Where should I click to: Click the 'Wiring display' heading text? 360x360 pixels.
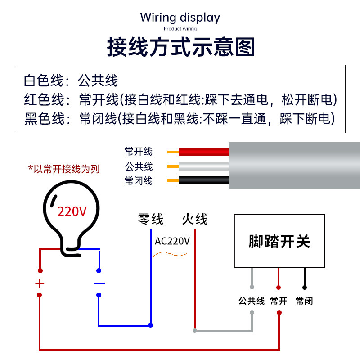180,18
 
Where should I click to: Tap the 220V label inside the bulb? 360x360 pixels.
72,211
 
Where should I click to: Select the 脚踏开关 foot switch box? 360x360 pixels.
279,241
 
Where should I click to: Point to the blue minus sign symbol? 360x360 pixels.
99,283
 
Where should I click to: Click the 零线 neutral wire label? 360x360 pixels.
151,220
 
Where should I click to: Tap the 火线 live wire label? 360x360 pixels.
195,220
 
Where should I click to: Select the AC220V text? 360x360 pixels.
172,241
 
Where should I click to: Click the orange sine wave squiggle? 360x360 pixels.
170,255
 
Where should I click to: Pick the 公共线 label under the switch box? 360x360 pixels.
252,301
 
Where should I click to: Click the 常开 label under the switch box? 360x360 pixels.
279,301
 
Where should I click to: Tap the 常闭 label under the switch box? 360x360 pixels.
305,301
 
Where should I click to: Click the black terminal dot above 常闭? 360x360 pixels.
305,287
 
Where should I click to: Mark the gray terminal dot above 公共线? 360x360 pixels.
252,287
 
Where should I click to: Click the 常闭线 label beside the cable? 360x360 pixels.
139,181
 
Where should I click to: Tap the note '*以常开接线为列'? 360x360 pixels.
64,169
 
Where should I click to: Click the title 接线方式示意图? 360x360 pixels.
180,47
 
